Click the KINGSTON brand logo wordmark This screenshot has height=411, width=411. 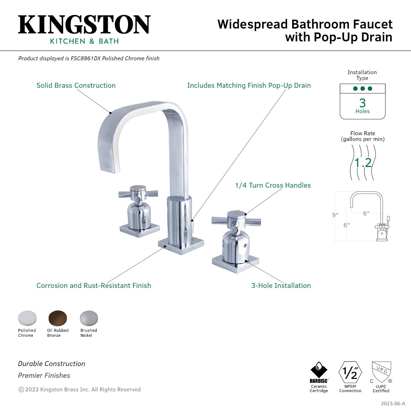(84, 25)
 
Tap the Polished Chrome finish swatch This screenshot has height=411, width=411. (27, 318)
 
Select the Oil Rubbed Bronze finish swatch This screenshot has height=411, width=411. (58, 318)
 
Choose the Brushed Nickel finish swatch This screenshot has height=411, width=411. (88, 318)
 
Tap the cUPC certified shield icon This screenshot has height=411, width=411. (381, 372)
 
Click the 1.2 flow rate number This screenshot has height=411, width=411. (363, 163)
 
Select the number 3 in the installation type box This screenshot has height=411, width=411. (362, 103)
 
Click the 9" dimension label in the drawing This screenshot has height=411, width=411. (335, 215)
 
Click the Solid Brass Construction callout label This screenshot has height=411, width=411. (76, 85)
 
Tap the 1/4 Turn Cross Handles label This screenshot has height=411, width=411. (273, 185)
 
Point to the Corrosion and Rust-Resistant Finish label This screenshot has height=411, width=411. (93, 285)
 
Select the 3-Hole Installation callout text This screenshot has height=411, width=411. (281, 285)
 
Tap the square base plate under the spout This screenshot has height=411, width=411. (181, 246)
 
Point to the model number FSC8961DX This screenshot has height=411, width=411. (85, 59)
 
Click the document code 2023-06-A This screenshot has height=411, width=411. (393, 404)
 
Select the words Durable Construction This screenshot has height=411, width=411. (52, 364)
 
